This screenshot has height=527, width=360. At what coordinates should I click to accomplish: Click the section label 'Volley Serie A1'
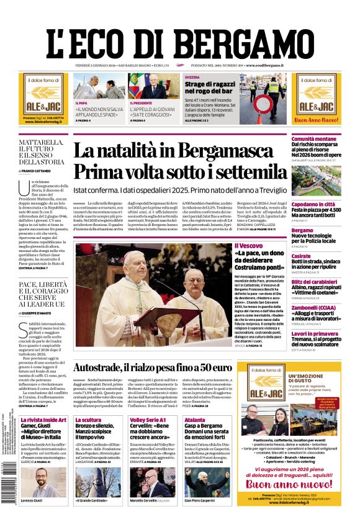[146, 420]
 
